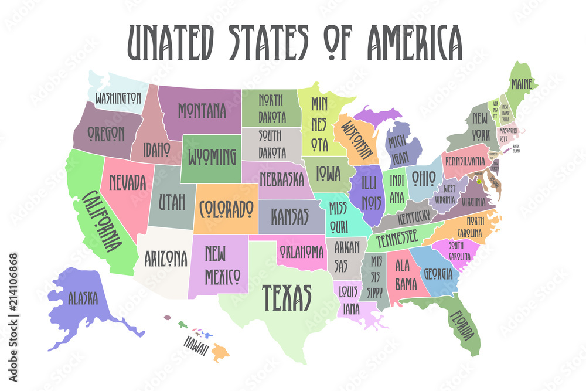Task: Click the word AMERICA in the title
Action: tap(414, 42)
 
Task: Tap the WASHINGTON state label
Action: tap(118, 97)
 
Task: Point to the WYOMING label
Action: tap(212, 157)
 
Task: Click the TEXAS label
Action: tap(286, 297)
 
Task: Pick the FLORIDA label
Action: tap(462, 324)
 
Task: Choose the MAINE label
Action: tap(521, 84)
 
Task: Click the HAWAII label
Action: tap(196, 346)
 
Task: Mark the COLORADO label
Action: tap(226, 208)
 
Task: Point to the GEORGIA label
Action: tap(438, 273)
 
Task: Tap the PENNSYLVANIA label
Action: tap(465, 160)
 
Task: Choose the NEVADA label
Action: tap(126, 182)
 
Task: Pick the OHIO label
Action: tap(423, 176)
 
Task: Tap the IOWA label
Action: tap(329, 172)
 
